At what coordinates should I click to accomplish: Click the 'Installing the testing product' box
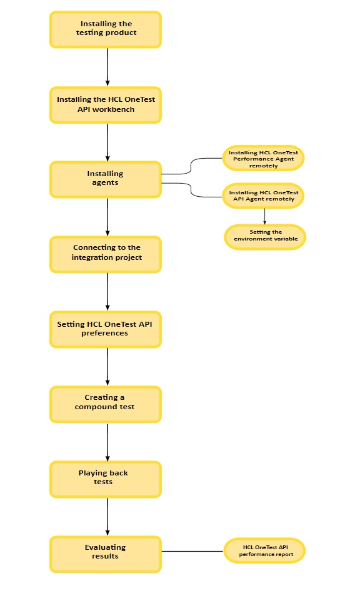point(105,29)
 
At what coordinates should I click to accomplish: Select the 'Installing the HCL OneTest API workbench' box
point(105,104)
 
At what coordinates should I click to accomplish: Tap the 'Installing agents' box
point(105,179)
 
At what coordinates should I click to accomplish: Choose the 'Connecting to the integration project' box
point(105,253)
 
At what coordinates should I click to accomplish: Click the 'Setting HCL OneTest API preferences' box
point(105,329)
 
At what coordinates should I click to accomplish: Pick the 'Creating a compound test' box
point(105,403)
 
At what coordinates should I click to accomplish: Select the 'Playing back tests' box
point(105,478)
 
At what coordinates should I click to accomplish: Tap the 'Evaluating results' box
point(105,552)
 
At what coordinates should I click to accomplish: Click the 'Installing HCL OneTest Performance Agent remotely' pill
point(263,159)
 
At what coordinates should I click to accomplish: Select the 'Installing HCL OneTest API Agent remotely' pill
point(263,196)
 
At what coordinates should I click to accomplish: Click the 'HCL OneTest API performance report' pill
point(264,551)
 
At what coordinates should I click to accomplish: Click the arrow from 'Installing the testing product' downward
point(108,66)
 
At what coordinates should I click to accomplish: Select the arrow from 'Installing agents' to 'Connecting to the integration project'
point(108,216)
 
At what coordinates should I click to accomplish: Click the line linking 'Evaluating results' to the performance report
point(192,552)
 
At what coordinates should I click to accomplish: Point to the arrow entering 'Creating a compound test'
point(108,366)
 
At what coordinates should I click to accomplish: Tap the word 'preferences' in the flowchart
point(105,334)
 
